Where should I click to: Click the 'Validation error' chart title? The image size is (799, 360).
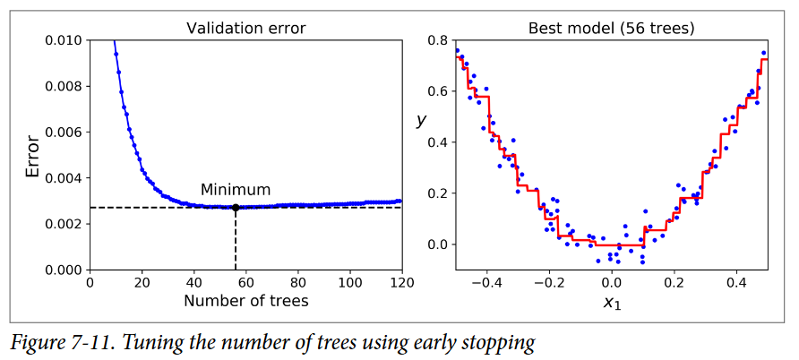click(x=245, y=28)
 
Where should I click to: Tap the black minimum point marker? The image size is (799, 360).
click(x=236, y=208)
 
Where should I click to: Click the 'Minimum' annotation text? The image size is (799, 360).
click(x=235, y=190)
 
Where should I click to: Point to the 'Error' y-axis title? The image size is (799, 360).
click(x=33, y=156)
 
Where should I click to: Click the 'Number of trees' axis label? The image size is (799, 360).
click(x=245, y=301)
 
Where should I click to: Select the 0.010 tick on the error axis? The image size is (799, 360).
click(x=64, y=41)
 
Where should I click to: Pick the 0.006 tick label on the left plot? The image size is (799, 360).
click(x=64, y=133)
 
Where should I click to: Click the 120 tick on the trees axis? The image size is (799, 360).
click(x=401, y=282)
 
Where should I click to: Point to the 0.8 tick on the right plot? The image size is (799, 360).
click(x=439, y=41)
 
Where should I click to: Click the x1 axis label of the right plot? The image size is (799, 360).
click(x=611, y=303)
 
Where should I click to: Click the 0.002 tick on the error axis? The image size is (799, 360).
click(x=64, y=224)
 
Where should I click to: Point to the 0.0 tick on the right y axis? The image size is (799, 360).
click(x=439, y=244)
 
